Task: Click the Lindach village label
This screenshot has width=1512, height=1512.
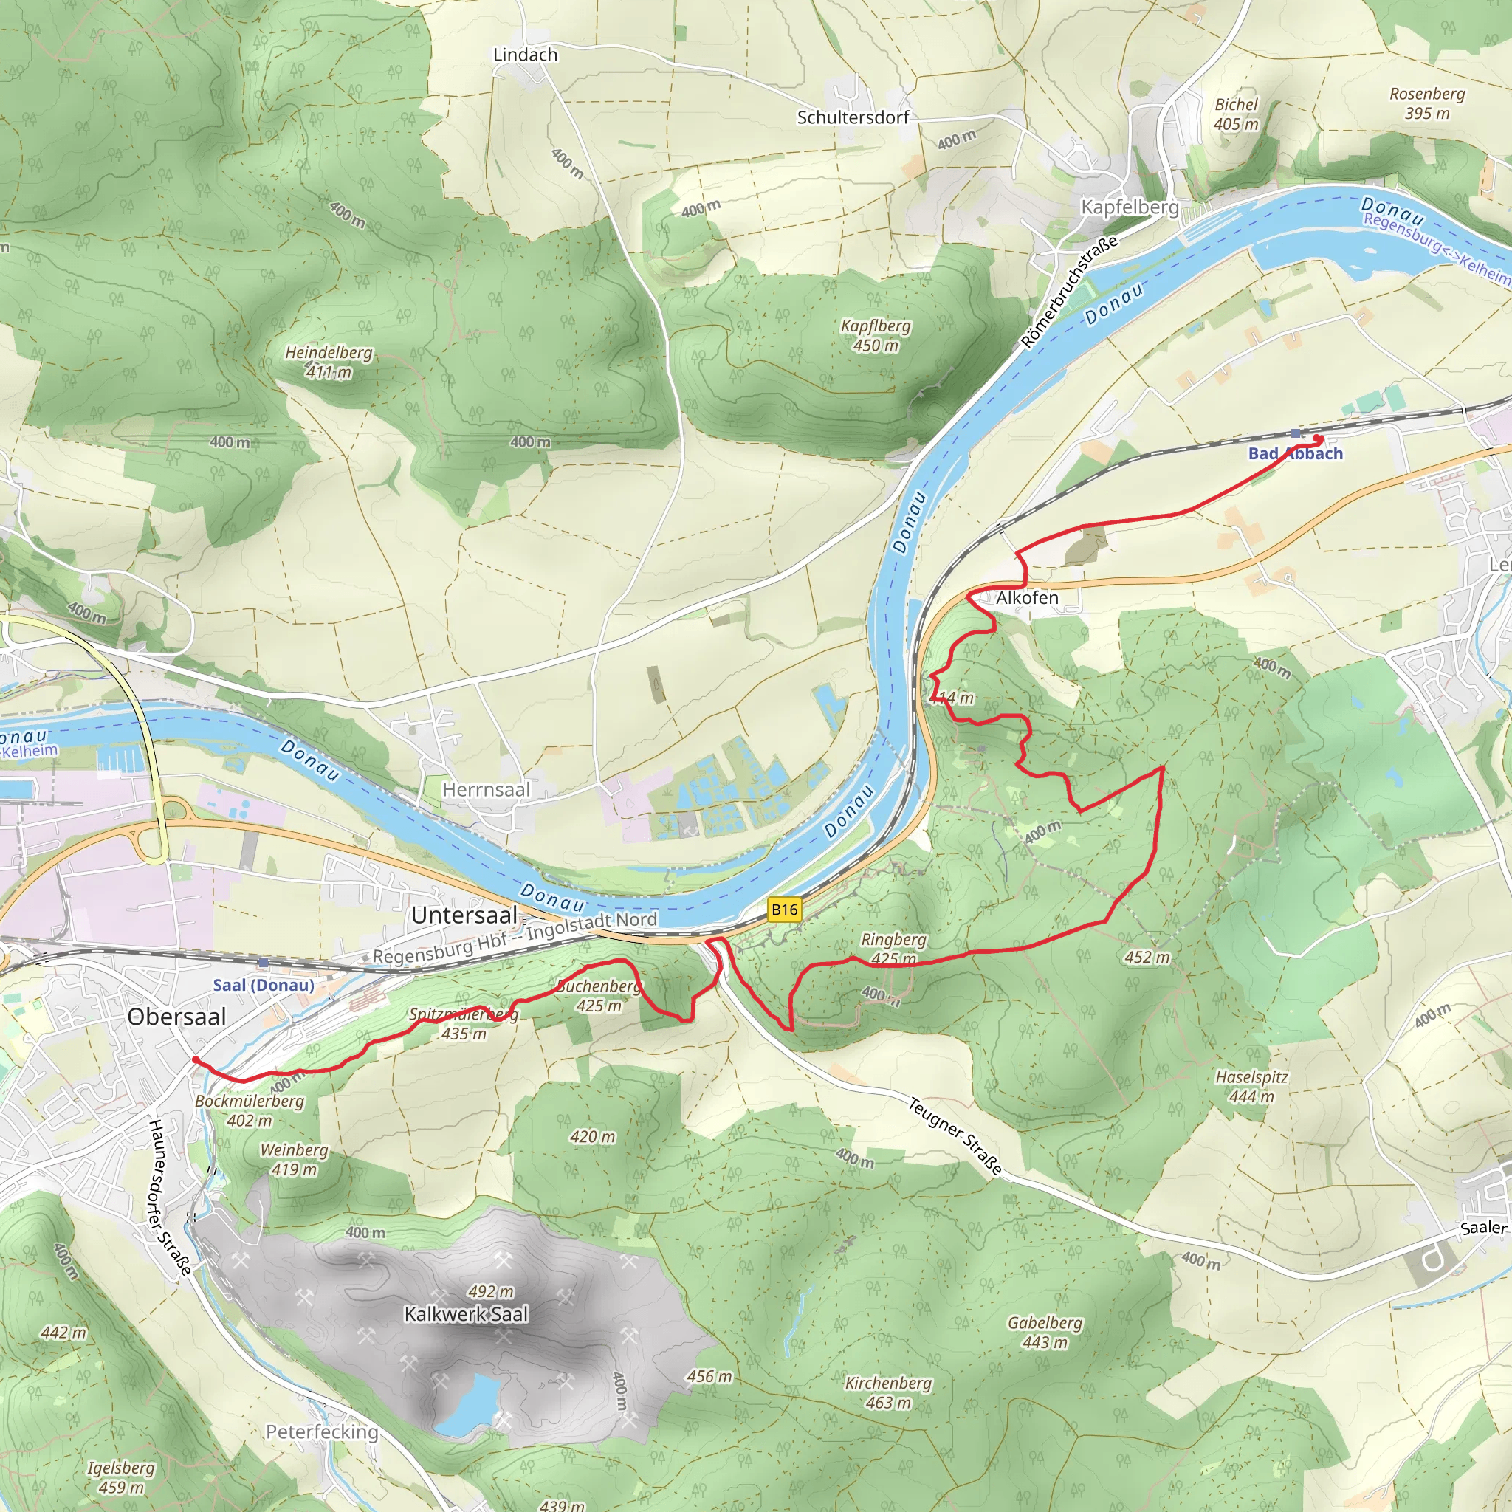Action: [525, 55]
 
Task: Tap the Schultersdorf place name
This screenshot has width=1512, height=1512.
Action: [852, 117]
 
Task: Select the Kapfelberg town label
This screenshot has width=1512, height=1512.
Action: [1130, 207]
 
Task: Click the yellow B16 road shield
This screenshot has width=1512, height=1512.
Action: [784, 909]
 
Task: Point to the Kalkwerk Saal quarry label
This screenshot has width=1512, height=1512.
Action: [467, 1314]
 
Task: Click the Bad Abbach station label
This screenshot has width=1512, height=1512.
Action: [1295, 453]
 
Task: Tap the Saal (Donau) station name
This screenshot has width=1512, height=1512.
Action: [264, 985]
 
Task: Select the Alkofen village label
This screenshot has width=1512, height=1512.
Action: [1027, 598]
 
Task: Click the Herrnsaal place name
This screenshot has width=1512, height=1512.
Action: [486, 790]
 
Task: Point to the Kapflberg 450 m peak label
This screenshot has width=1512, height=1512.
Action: [876, 335]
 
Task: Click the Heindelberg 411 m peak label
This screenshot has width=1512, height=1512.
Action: [329, 362]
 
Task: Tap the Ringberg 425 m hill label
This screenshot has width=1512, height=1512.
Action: [893, 949]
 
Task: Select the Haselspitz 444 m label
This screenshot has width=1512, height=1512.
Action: [1251, 1086]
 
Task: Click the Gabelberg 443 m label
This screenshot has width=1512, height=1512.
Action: [1045, 1332]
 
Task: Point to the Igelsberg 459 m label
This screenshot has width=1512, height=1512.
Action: [120, 1477]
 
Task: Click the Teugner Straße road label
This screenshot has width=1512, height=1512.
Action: [955, 1136]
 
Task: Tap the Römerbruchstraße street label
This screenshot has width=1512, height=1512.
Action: [1069, 292]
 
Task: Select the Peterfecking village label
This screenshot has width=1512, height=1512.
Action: [322, 1432]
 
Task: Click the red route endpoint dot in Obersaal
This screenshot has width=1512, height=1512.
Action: [195, 1059]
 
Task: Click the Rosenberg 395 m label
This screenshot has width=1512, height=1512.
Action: [1426, 103]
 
